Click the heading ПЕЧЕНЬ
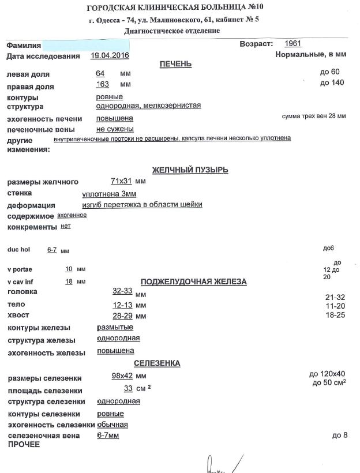(175, 64)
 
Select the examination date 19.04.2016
(110, 56)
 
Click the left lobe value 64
(100, 74)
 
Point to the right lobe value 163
(102, 85)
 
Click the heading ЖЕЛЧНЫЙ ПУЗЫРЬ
(190, 170)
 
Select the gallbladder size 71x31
(121, 181)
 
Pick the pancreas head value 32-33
(123, 292)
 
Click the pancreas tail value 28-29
(123, 316)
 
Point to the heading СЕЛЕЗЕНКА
(157, 363)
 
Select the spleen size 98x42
(122, 377)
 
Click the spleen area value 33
(128, 389)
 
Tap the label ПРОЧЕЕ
(24, 445)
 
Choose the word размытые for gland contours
(115, 327)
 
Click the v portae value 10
(69, 269)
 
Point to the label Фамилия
(24, 45)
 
